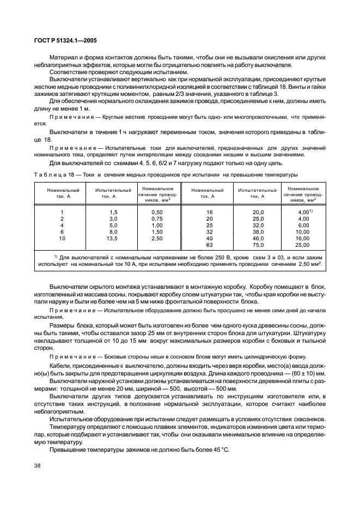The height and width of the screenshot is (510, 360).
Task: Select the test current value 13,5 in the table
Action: [113, 239]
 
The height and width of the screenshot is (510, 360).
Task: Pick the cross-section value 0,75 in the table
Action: [157, 219]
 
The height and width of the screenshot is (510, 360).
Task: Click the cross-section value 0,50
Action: [157, 212]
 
